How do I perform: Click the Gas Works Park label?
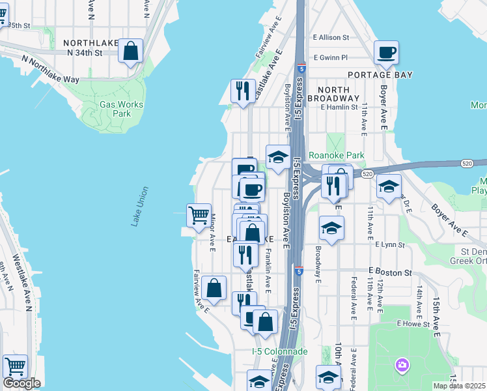coord(121,109)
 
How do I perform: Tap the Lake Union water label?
coord(140,207)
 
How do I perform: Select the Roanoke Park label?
coord(336,155)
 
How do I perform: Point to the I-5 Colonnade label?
coord(279,351)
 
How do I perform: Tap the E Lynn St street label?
coord(389,245)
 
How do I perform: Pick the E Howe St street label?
coord(414,323)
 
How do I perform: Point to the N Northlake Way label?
coord(50,69)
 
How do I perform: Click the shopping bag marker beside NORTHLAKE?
coord(131,51)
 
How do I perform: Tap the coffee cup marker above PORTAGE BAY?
coord(386,53)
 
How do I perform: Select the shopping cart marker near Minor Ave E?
coord(199,215)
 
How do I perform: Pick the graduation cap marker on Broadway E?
coord(331,228)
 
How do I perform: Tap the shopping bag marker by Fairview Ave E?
coord(214,288)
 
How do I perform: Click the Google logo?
coord(21,383)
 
